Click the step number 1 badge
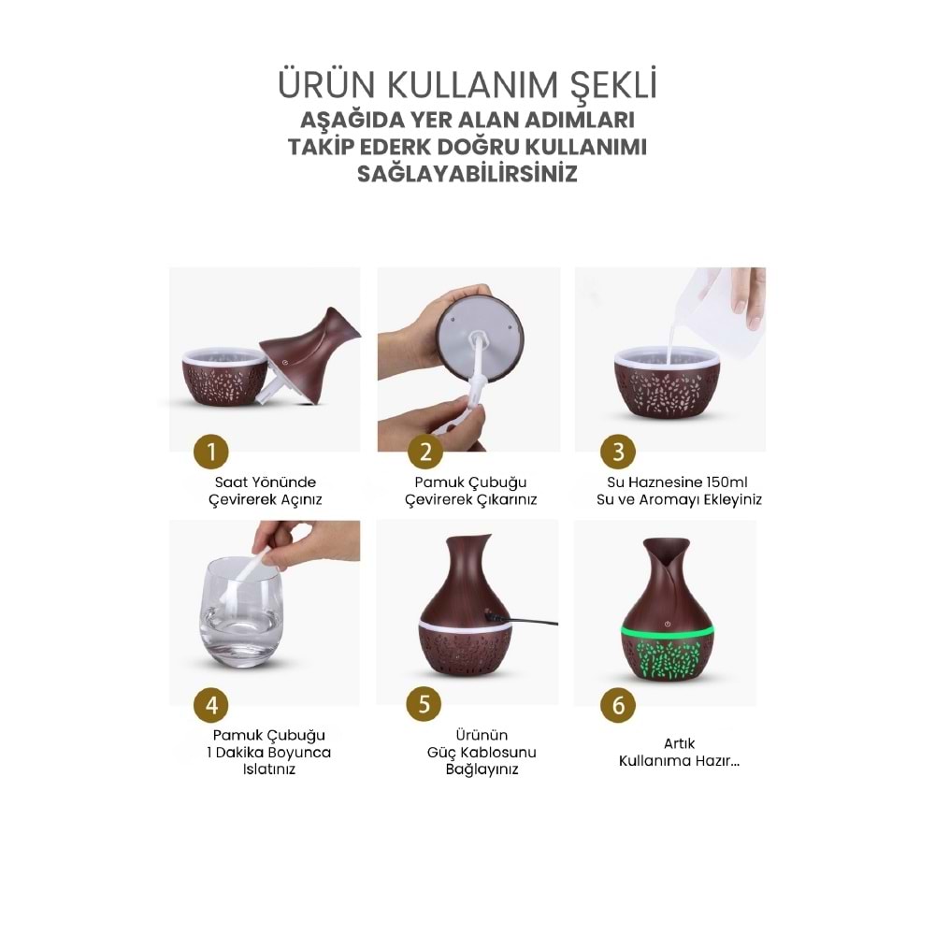(211, 453)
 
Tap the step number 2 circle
(425, 453)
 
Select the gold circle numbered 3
(618, 453)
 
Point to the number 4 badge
(211, 704)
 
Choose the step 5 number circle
(425, 704)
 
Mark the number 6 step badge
(618, 704)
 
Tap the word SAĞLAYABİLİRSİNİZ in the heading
(467, 174)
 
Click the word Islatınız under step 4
(269, 770)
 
